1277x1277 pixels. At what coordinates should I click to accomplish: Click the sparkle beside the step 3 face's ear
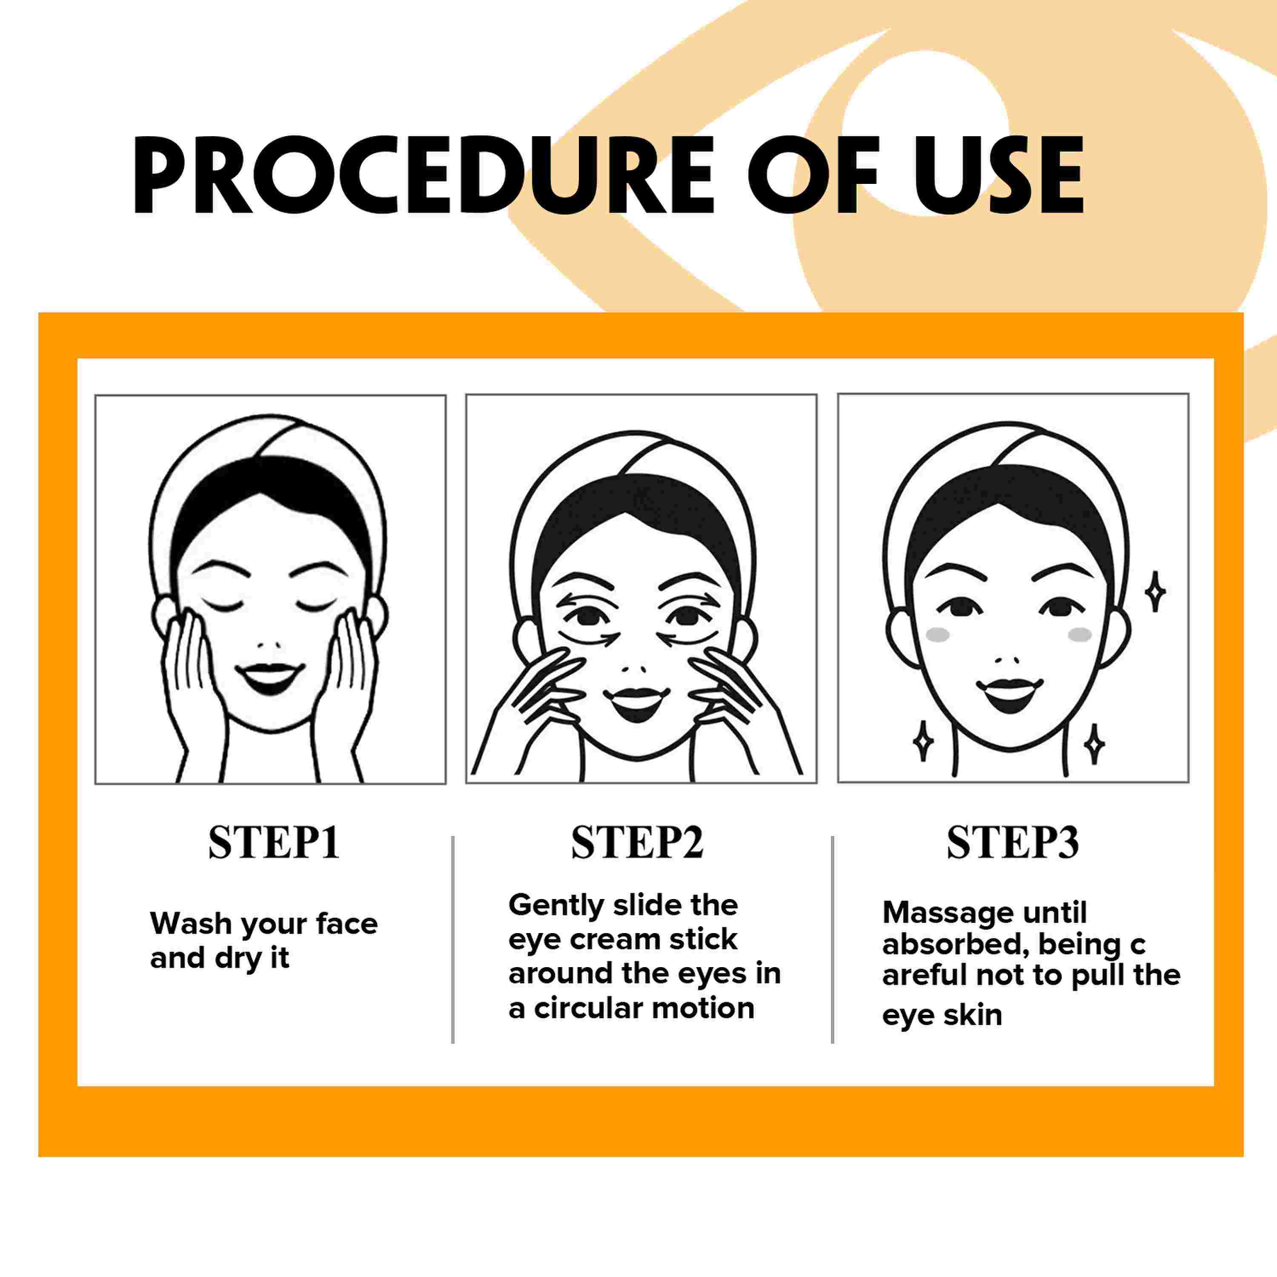tap(1155, 592)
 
